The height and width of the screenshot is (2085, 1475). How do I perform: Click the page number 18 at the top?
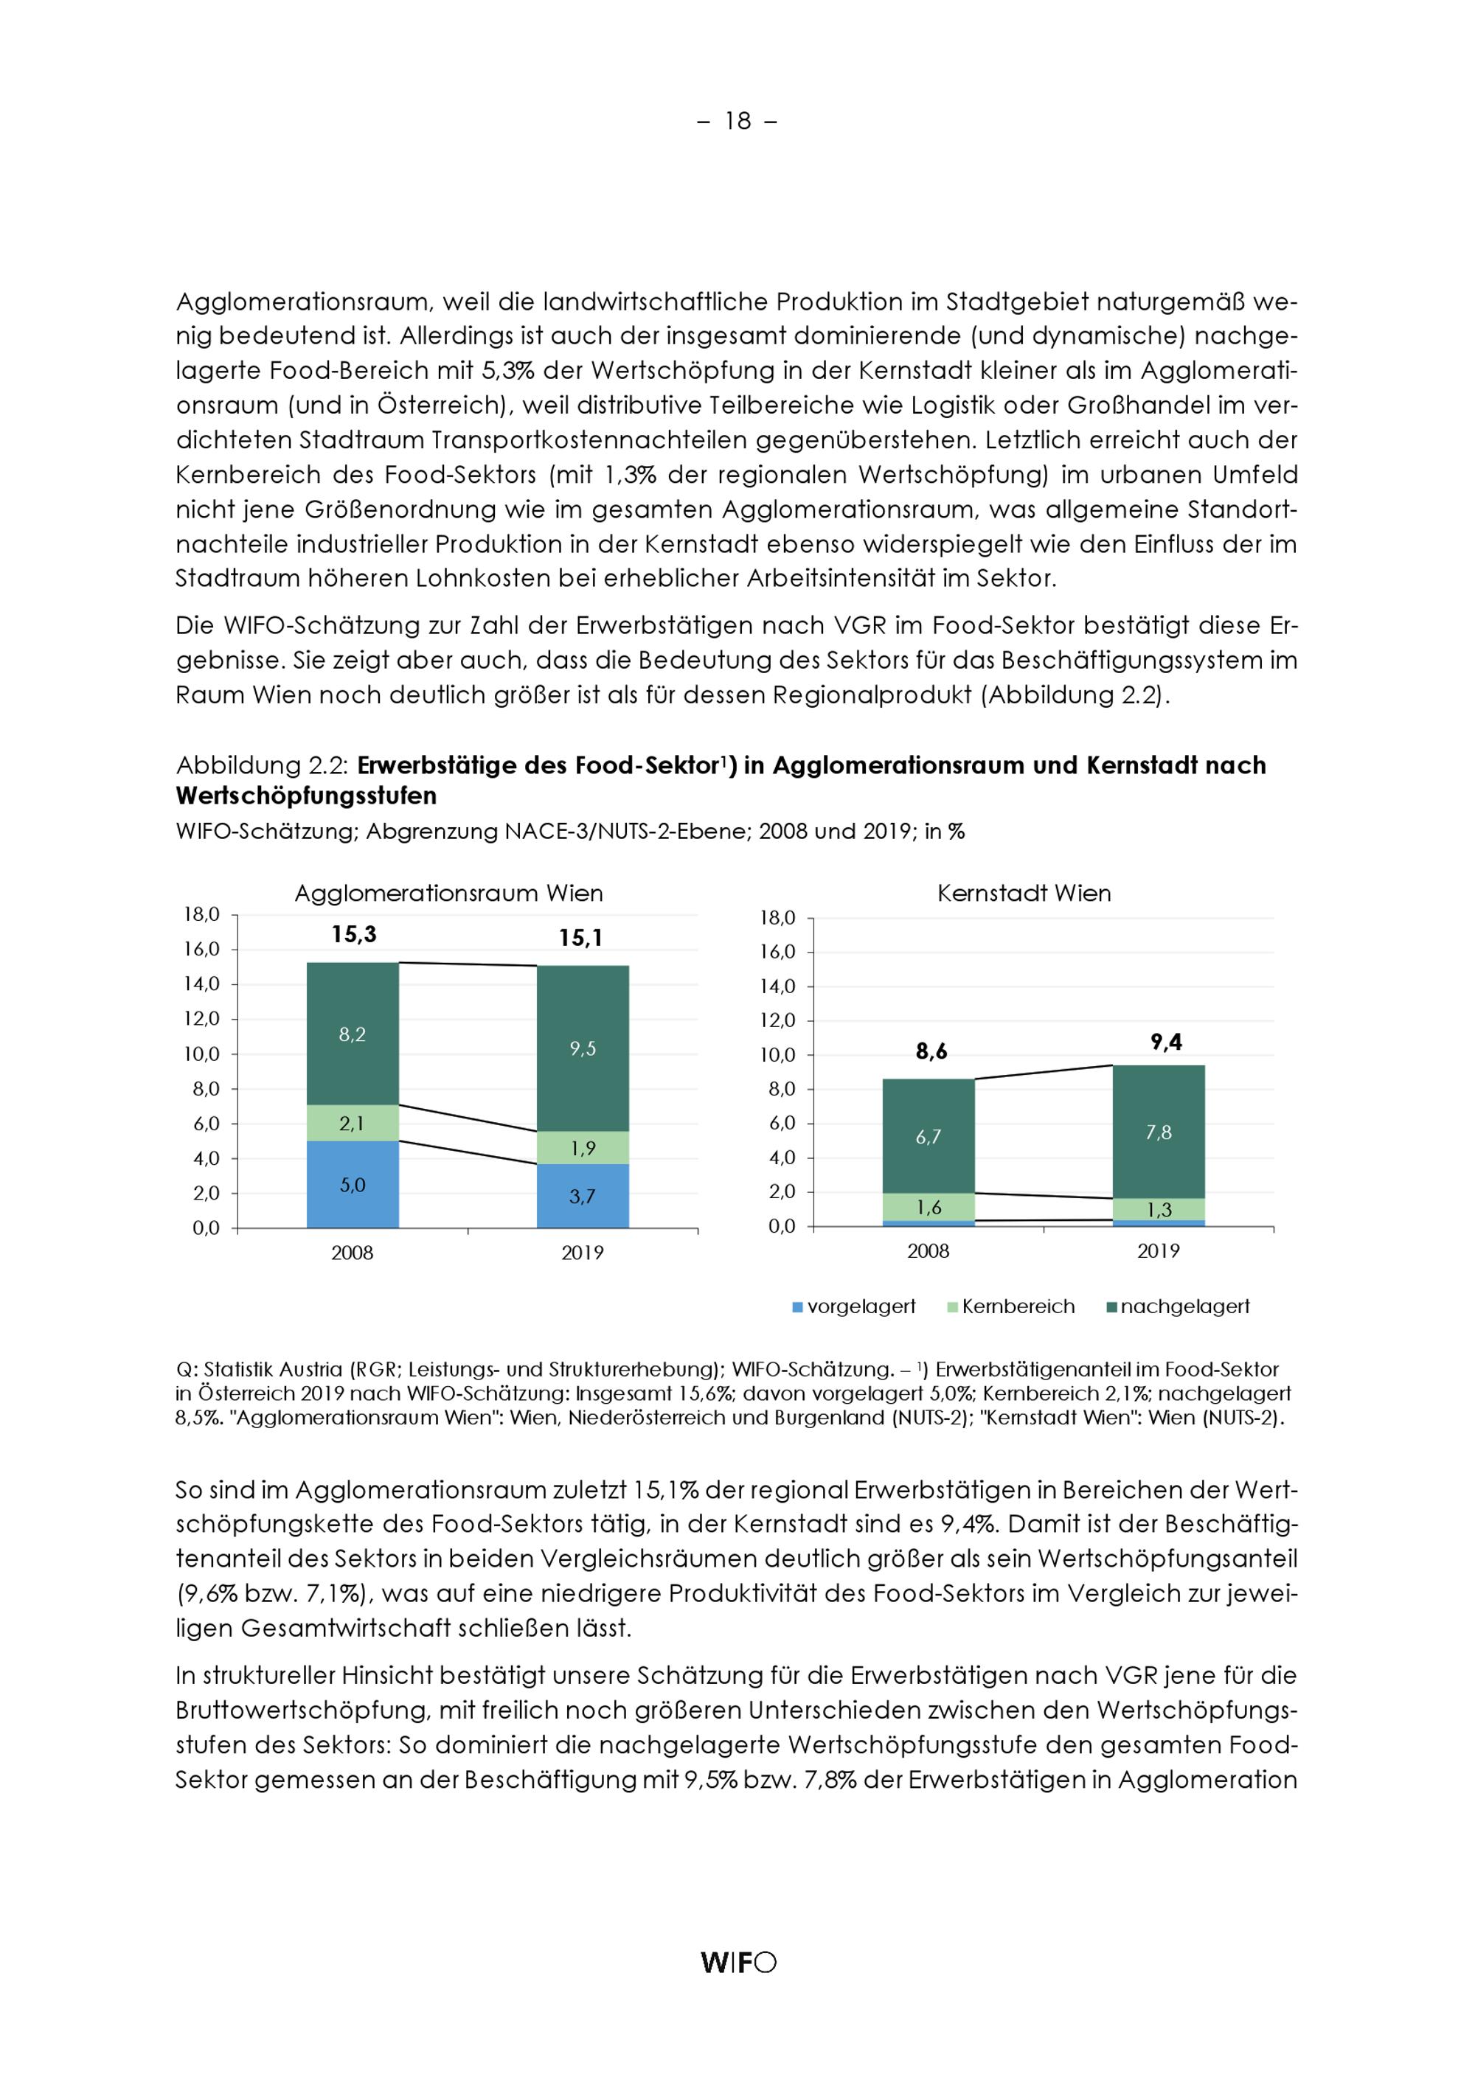coord(737,121)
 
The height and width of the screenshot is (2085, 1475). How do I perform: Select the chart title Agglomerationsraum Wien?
coord(448,894)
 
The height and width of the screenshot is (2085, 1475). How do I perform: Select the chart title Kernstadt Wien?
coord(1024,894)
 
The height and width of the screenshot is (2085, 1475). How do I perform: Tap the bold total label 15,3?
coord(353,934)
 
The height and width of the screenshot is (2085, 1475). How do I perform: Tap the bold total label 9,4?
coord(1165,1042)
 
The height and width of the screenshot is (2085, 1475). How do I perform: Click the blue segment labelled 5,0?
coord(353,1184)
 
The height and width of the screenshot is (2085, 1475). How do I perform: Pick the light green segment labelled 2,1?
coord(353,1124)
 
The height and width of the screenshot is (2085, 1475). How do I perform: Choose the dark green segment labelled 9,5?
coord(582,1049)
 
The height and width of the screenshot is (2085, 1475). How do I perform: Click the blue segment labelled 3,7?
coord(582,1196)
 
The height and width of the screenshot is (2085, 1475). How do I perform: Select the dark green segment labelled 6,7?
coord(929,1136)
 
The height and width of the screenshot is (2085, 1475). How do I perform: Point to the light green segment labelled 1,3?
coord(1159,1210)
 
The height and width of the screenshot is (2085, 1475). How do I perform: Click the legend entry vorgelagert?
coord(854,1306)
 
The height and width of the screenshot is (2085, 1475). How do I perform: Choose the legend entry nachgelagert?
coord(1177,1306)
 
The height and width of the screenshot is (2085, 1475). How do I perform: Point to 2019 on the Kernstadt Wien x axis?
coord(1158,1251)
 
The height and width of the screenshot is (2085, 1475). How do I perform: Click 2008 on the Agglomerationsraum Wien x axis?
coord(353,1253)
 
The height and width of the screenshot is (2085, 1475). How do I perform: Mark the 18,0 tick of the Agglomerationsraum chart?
coord(201,914)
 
